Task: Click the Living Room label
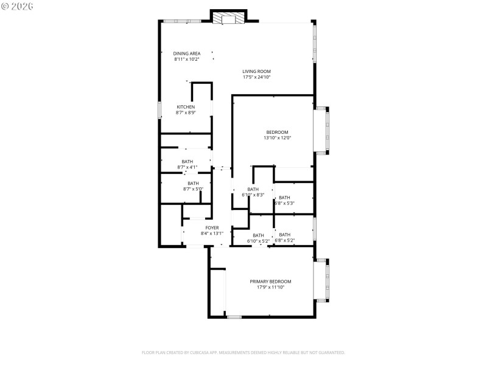256,71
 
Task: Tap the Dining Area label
187,54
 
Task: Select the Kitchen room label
186,107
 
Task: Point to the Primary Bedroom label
270,281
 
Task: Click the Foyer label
212,228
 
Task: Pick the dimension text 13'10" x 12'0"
277,138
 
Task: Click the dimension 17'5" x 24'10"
256,77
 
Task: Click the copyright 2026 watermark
18,6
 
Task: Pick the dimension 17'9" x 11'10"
270,287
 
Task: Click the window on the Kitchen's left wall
160,109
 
